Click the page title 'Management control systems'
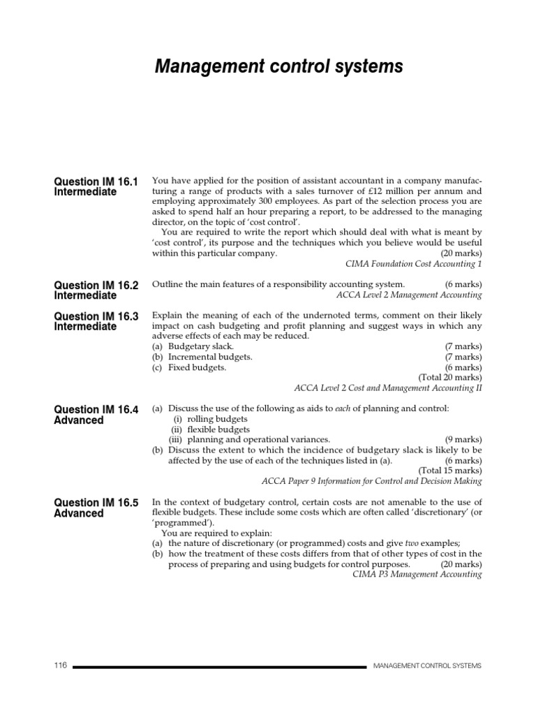click(278, 66)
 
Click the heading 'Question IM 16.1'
click(96, 182)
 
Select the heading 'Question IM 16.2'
click(96, 285)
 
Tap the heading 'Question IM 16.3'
click(96, 316)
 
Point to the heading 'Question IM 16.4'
click(96, 410)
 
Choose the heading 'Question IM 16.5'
click(96, 503)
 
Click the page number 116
click(60, 665)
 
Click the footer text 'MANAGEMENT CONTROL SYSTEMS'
click(427, 666)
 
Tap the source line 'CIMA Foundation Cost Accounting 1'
click(414, 264)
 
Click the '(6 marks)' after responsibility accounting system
click(463, 284)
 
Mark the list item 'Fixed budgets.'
click(198, 367)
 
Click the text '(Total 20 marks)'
click(449, 378)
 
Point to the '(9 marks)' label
click(463, 440)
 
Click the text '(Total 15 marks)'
click(449, 471)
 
